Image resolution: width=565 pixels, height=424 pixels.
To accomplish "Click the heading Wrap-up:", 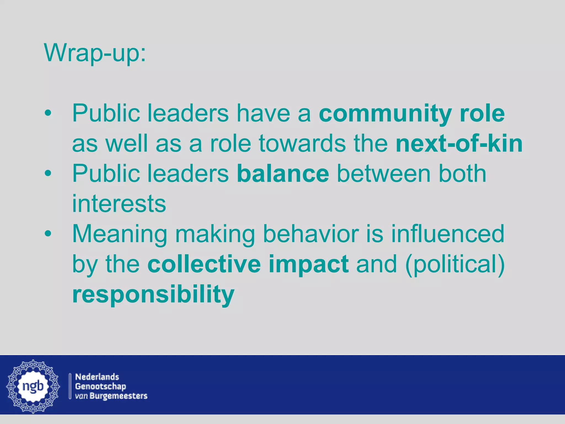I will coord(95,53).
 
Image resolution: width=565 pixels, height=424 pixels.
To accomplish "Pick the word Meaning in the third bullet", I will coord(120,234).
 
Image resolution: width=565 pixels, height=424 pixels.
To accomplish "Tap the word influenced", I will coord(447,234).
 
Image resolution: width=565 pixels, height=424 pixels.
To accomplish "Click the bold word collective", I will coord(204,264).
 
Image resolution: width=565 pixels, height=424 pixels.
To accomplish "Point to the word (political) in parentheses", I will coord(455,264).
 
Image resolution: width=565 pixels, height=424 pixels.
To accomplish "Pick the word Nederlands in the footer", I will coord(97,377).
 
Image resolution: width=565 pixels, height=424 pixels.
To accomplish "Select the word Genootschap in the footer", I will coord(100,386).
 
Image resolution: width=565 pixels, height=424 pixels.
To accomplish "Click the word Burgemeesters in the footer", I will coord(119,396).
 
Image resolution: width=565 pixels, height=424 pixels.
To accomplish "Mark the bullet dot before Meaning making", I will coord(48,234).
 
